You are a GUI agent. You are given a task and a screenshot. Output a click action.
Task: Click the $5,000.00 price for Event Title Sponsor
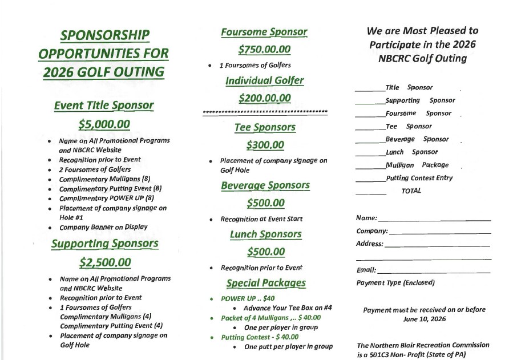[x=104, y=124]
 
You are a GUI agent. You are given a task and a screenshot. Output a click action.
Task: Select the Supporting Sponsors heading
[x=104, y=244]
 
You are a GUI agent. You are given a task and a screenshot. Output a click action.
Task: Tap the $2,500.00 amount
[x=104, y=262]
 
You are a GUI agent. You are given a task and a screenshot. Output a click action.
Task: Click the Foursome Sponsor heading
[x=264, y=32]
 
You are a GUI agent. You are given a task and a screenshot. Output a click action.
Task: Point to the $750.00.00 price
[x=264, y=50]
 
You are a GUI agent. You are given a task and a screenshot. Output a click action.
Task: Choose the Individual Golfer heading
[x=264, y=80]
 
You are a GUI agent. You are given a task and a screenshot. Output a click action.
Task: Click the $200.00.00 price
[x=264, y=98]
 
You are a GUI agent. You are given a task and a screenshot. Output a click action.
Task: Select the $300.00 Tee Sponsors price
[x=265, y=145]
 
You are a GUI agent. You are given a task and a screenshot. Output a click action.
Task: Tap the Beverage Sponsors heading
[x=265, y=185]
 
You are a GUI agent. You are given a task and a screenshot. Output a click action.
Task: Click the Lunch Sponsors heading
[x=265, y=234]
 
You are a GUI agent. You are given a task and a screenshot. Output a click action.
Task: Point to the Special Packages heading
[x=265, y=283]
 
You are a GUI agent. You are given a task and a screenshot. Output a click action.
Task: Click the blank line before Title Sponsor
[x=370, y=90]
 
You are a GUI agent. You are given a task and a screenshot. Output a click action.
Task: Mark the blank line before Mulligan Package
[x=370, y=168]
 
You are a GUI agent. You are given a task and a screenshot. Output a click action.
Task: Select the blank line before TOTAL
[x=370, y=194]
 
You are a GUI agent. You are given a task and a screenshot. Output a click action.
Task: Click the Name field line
[x=434, y=220]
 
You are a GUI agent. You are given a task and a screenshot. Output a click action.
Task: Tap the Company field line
[x=439, y=233]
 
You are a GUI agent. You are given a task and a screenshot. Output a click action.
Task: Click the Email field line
[x=434, y=273]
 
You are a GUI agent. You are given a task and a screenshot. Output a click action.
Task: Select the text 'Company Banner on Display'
[x=103, y=227]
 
